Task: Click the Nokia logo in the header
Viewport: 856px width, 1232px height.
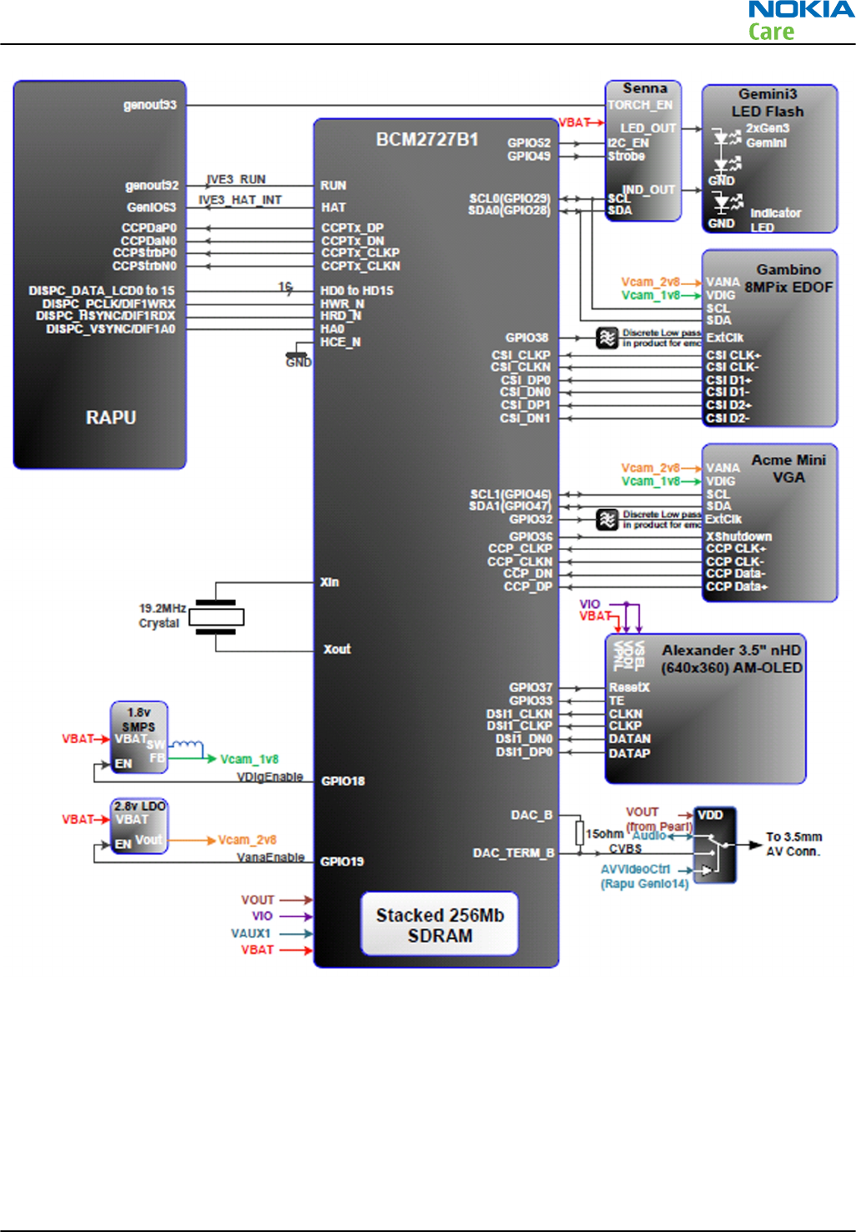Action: pyautogui.click(x=800, y=11)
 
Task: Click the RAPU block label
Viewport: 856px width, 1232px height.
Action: pyautogui.click(x=111, y=417)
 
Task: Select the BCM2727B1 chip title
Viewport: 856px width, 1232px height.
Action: pyautogui.click(x=427, y=139)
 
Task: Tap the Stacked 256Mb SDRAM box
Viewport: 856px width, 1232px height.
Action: pyautogui.click(x=439, y=925)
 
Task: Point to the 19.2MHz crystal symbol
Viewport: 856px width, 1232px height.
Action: pyautogui.click(x=216, y=616)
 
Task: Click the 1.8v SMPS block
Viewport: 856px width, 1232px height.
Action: pyautogui.click(x=138, y=737)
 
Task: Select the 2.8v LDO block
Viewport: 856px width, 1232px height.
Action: pyautogui.click(x=139, y=825)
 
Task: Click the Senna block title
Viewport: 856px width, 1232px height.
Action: pyautogui.click(x=644, y=88)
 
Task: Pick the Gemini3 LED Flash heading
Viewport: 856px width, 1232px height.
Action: pyautogui.click(x=767, y=102)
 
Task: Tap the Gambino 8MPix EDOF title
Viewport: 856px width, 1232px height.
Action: pyautogui.click(x=788, y=278)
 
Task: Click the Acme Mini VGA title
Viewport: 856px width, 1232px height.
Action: pyautogui.click(x=788, y=468)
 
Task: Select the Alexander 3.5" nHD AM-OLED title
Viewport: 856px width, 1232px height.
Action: pyautogui.click(x=731, y=659)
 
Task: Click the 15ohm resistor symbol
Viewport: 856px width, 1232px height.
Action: pyautogui.click(x=579, y=832)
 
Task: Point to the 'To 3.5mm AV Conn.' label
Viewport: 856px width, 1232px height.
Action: pyautogui.click(x=793, y=844)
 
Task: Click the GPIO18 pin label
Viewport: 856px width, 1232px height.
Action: pyautogui.click(x=343, y=781)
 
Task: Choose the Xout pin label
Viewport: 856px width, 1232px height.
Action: pyautogui.click(x=337, y=649)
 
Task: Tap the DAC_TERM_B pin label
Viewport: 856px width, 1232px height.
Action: pyautogui.click(x=513, y=853)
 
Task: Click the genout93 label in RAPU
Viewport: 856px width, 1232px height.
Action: pyautogui.click(x=150, y=105)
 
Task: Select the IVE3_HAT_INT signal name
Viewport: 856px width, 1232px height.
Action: pyautogui.click(x=240, y=200)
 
